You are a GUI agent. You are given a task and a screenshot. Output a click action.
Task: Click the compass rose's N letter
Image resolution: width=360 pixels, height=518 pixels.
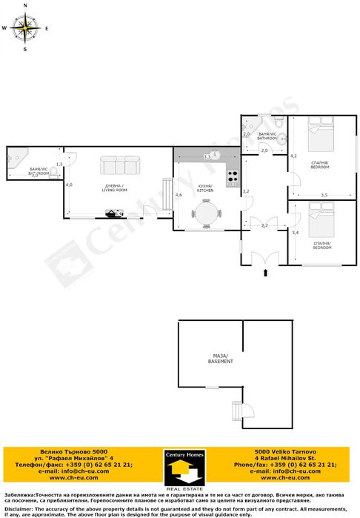[x=25, y=5]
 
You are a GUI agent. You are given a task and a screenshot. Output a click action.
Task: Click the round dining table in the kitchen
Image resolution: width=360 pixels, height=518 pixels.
[x=206, y=214]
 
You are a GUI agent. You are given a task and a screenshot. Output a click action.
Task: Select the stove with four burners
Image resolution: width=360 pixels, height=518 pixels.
[x=233, y=177]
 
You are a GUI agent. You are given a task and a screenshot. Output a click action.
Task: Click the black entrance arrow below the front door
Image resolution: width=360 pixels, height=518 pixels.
[x=264, y=274]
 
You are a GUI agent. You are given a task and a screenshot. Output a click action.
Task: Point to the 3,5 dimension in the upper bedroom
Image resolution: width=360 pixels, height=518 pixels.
[x=324, y=195]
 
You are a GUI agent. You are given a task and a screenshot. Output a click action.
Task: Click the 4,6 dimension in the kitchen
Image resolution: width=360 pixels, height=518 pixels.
[x=179, y=195]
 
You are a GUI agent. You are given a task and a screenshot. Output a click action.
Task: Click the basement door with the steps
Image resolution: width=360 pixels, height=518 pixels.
[x=241, y=409]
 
